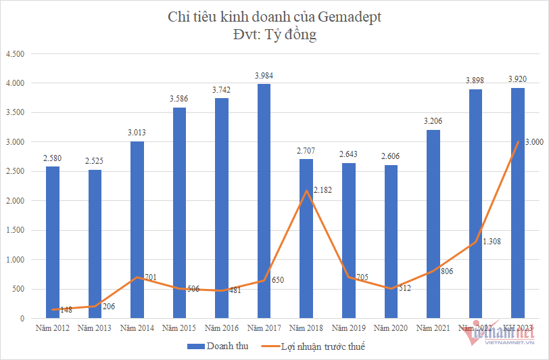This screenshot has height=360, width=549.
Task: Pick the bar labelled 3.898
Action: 475,204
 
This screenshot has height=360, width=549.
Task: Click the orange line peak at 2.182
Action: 306,190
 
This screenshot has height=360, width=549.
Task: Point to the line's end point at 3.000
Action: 517,142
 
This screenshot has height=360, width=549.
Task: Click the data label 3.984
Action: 264,75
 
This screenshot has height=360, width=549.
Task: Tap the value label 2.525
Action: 95,161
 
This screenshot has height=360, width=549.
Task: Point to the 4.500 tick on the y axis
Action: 14,54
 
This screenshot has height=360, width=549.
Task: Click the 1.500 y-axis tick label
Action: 14,230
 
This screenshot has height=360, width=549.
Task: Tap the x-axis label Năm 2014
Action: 137,328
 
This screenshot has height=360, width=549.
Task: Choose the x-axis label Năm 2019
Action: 348,328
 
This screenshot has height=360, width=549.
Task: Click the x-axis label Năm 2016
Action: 221,328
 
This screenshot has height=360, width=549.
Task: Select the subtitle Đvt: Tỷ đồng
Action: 274,35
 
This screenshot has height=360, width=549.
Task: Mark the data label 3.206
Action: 433,121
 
